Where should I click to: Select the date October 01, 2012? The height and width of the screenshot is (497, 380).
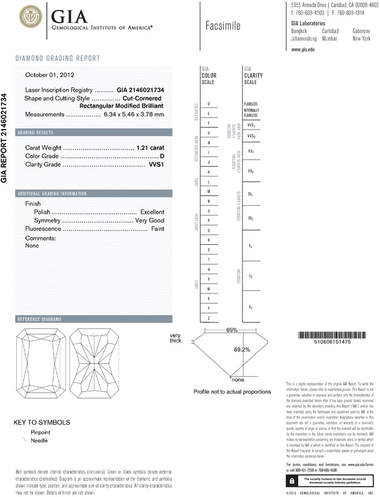point(49,75)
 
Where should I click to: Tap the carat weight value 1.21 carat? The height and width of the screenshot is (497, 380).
point(150,147)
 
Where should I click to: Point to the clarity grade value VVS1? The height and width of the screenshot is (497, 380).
point(156,164)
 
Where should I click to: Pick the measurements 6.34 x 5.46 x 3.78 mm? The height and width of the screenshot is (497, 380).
point(133,114)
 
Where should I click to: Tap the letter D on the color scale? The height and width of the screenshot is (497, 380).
point(209,104)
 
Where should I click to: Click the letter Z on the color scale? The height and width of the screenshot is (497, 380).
point(209,318)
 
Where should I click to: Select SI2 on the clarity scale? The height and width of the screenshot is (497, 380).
point(250,218)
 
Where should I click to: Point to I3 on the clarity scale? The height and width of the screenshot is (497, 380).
point(250,307)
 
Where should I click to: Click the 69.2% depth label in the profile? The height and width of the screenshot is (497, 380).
point(242,349)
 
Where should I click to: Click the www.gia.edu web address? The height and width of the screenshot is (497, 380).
point(303,50)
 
